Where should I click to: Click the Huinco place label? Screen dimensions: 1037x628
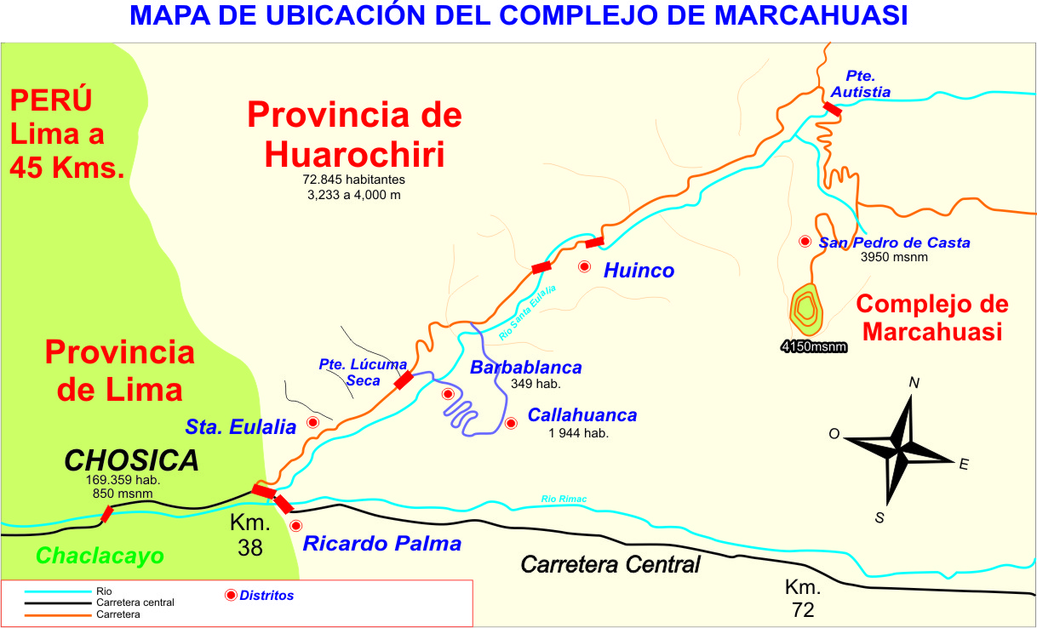coord(639,271)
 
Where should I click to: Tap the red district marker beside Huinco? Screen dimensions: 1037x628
coord(584,266)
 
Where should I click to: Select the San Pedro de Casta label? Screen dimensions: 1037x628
coord(894,243)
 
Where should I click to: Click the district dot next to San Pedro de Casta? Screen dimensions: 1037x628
coord(805,242)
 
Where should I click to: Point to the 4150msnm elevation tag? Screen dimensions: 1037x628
coord(813,346)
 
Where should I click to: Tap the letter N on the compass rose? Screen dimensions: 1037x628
coord(914,383)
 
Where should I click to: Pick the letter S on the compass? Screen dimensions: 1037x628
coord(879,517)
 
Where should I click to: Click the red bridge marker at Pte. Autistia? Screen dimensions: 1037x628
coord(832,109)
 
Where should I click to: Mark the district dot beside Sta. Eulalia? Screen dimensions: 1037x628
coord(312,422)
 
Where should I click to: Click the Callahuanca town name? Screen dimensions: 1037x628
coord(582,415)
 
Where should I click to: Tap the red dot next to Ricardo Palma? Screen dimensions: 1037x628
coord(295,526)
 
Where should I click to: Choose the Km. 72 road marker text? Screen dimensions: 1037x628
coord(802,598)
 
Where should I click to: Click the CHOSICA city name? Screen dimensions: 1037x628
coord(132,460)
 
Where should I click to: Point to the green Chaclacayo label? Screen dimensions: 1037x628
coord(100,556)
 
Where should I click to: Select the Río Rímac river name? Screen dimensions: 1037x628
coord(564,499)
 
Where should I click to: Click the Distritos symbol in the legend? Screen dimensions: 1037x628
coord(230,596)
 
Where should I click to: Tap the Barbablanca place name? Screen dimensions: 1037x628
coord(526,368)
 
